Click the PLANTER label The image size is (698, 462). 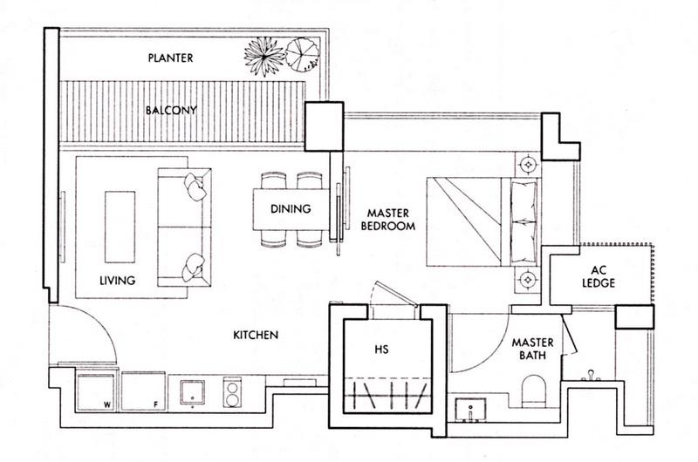coord(170,58)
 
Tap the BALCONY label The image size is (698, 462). coord(171,111)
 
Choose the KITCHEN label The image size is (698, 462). coord(255,335)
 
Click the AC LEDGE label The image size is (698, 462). coord(599,276)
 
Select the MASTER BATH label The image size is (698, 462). coord(533,350)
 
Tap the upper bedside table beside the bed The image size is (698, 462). coord(528,162)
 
